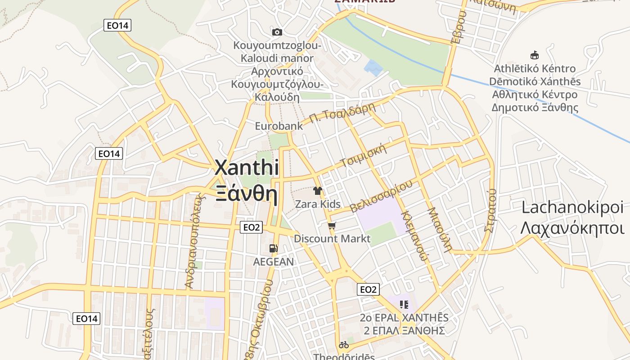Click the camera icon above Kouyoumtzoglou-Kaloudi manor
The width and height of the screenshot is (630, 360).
[277, 32]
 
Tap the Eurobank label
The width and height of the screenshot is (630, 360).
[279, 126]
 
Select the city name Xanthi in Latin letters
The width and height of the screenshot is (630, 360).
[247, 168]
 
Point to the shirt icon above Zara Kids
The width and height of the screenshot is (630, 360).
[318, 191]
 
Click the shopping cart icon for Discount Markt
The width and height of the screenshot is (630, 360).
[332, 225]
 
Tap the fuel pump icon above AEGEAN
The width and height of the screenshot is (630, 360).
[273, 248]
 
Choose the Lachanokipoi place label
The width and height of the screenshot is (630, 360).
[573, 207]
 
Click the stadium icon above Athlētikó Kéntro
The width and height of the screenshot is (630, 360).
[535, 55]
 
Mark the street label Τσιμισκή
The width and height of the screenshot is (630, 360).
[364, 156]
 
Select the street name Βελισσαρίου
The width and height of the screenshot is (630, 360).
[381, 197]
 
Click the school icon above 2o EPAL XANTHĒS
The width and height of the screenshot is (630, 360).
[404, 305]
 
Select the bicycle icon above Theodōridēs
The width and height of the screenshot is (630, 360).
[344, 345]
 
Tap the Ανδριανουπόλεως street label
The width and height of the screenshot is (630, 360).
[194, 241]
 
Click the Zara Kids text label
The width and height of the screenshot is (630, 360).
[318, 204]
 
